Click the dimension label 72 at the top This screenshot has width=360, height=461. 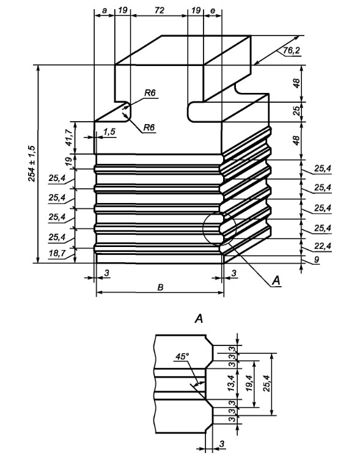tap(159, 10)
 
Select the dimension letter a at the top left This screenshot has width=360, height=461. tap(104, 11)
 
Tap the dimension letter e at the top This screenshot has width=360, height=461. tap(213, 11)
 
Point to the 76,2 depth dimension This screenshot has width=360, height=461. tap(292, 51)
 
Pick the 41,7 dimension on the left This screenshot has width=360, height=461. tap(68, 138)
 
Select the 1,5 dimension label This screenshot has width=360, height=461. tap(109, 131)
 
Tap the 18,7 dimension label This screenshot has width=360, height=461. tap(57, 254)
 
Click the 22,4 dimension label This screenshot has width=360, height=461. tap(322, 246)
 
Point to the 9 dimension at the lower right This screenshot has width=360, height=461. tap(316, 260)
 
